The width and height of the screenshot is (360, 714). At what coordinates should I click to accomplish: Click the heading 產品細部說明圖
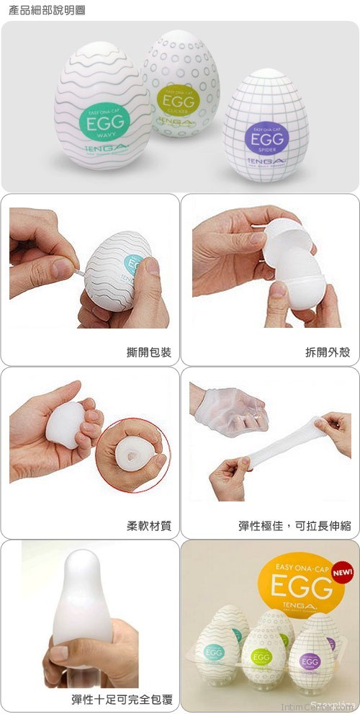click(x=43, y=11)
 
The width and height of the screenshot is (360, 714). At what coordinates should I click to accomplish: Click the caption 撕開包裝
click(x=149, y=352)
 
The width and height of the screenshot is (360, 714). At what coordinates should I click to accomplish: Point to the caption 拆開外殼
click(x=328, y=352)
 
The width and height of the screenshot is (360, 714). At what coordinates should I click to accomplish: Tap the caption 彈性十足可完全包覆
click(x=122, y=698)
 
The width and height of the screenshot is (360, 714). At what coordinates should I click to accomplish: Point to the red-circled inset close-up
click(x=132, y=456)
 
